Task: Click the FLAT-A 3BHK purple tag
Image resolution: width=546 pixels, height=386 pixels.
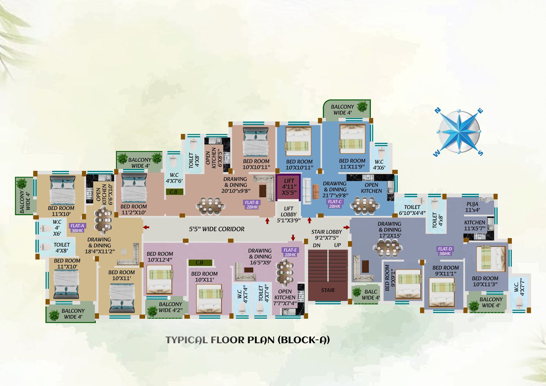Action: (77, 228)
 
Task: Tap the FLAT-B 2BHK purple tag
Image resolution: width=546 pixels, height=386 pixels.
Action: (252, 205)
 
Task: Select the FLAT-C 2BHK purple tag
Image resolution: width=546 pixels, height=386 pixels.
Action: (334, 204)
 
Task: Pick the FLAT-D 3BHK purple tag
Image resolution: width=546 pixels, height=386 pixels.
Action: (445, 251)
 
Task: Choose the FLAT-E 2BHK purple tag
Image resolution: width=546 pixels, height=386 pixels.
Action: (290, 252)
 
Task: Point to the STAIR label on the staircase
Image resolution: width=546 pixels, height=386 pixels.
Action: (328, 290)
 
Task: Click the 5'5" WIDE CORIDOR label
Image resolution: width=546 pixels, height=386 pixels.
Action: (216, 229)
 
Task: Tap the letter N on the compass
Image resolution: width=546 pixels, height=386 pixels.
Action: (438, 110)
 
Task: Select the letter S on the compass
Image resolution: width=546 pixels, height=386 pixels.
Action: (480, 153)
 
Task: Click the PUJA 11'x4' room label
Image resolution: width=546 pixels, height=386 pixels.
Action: (472, 207)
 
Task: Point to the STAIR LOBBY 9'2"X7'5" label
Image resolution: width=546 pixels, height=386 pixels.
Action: (326, 234)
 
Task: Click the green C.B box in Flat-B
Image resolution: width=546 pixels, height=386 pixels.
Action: (174, 192)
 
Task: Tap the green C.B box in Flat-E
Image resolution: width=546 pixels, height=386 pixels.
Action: (200, 262)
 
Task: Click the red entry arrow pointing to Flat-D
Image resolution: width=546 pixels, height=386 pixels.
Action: (346, 227)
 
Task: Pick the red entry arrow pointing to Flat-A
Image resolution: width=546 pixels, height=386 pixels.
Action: (146, 227)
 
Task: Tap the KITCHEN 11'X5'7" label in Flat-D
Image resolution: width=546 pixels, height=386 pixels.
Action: (474, 225)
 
